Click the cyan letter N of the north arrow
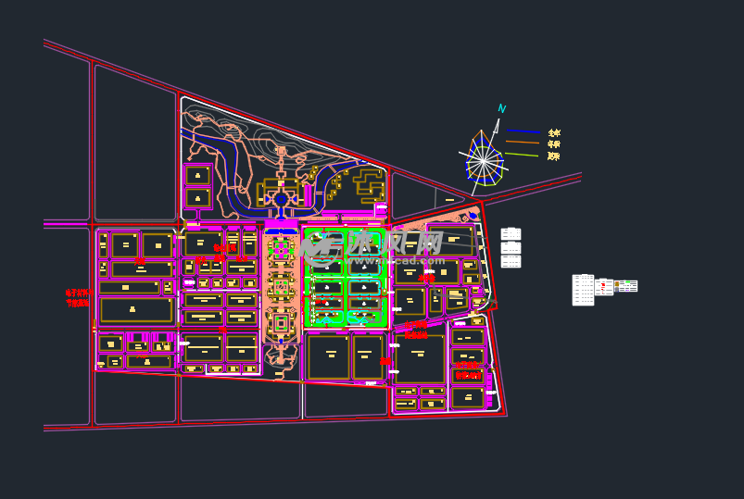tap(501, 109)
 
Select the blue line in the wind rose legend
tap(523, 131)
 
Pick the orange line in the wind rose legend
tap(523, 143)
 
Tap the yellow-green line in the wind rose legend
tap(523, 155)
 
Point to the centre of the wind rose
tap(483, 161)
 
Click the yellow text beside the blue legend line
tap(554, 133)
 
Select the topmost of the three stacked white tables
tap(511, 234)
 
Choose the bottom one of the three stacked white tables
tap(511, 262)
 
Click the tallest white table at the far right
tap(583, 290)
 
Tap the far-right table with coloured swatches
tap(626, 286)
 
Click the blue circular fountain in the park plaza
tap(281, 199)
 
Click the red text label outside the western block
tap(78, 298)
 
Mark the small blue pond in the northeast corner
tap(473, 216)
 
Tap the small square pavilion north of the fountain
tap(281, 150)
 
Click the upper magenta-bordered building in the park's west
tap(197, 175)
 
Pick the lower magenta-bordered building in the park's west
tap(197, 197)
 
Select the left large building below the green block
tap(328, 356)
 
